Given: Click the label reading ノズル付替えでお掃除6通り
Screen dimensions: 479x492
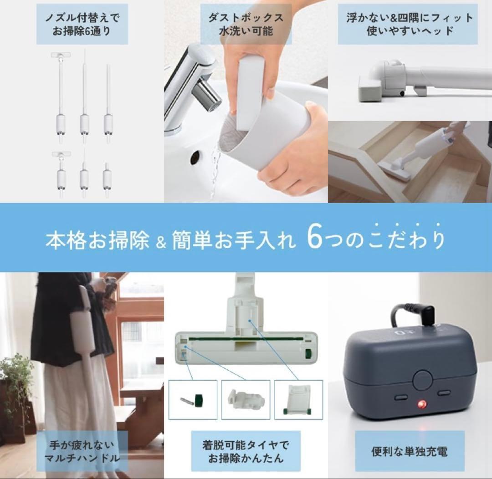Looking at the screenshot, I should pyautogui.click(x=82, y=25).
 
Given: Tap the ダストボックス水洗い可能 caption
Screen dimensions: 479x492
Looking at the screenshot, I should pyautogui.click(x=246, y=25).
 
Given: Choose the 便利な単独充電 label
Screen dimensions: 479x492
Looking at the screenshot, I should pyautogui.click(x=410, y=451).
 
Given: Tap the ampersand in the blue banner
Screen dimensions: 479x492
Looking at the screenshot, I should pyautogui.click(x=160, y=241).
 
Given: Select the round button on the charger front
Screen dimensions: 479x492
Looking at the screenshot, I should pyautogui.click(x=423, y=379).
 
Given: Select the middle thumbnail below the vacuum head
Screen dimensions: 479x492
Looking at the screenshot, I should pyautogui.click(x=246, y=400).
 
